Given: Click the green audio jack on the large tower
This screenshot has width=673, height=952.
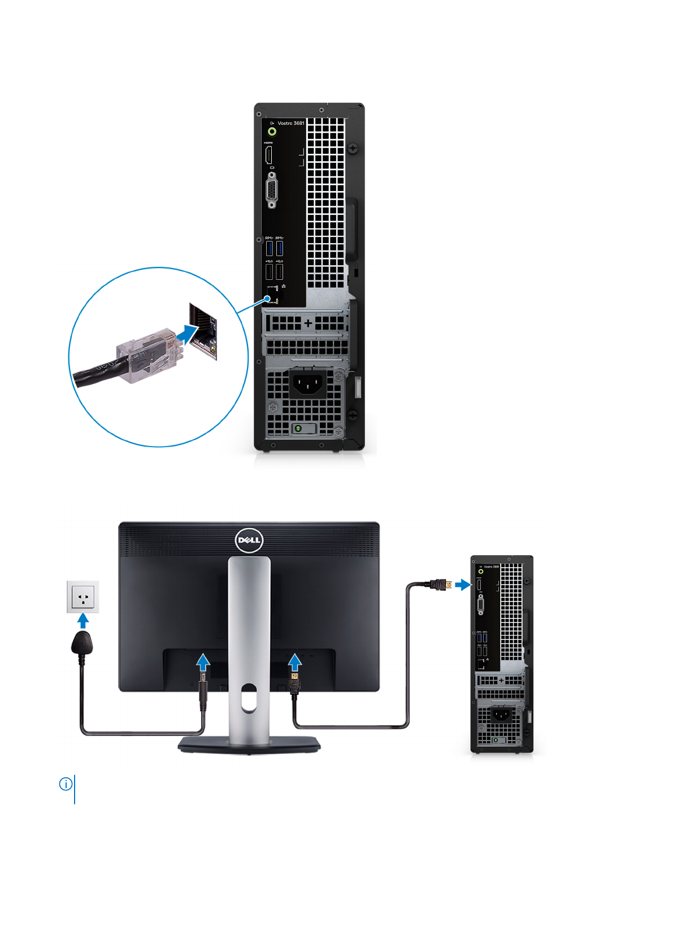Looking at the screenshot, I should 272,132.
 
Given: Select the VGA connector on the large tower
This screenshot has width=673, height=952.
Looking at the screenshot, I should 271,191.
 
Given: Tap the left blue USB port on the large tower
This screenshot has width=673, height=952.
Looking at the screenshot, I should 269,248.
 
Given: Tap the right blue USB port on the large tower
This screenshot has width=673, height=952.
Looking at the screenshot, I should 279,248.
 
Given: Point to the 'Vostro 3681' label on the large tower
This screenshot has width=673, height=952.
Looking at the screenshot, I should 290,123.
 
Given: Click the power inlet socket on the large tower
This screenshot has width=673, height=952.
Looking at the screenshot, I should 307,384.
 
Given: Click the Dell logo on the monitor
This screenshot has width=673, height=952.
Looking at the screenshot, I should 249,540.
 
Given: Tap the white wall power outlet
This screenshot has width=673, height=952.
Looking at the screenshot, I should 83,596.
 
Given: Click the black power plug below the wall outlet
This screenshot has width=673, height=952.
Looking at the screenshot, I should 83,644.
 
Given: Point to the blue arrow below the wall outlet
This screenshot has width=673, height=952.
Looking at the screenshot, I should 83,621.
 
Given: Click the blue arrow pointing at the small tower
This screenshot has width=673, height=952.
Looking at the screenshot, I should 462,584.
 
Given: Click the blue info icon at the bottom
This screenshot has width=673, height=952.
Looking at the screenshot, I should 66,784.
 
